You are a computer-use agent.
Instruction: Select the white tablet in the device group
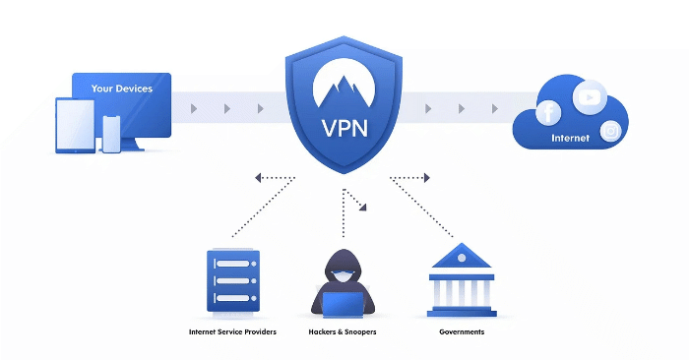point(76,127)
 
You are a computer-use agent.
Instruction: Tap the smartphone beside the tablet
point(111,135)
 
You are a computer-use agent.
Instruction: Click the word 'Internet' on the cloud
point(571,139)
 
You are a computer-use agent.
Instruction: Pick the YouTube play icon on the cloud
point(589,96)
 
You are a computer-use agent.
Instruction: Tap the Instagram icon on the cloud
point(611,130)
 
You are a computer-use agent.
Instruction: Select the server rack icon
point(232,281)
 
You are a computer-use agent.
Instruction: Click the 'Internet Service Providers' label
point(232,332)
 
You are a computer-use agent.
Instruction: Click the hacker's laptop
point(344,304)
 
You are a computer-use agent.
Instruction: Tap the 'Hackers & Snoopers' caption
point(344,332)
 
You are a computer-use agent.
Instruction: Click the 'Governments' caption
point(461,332)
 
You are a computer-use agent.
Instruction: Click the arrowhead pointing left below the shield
point(258,178)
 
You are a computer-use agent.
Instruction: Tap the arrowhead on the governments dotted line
point(426,178)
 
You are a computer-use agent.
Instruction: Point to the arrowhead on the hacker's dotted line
point(363,208)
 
